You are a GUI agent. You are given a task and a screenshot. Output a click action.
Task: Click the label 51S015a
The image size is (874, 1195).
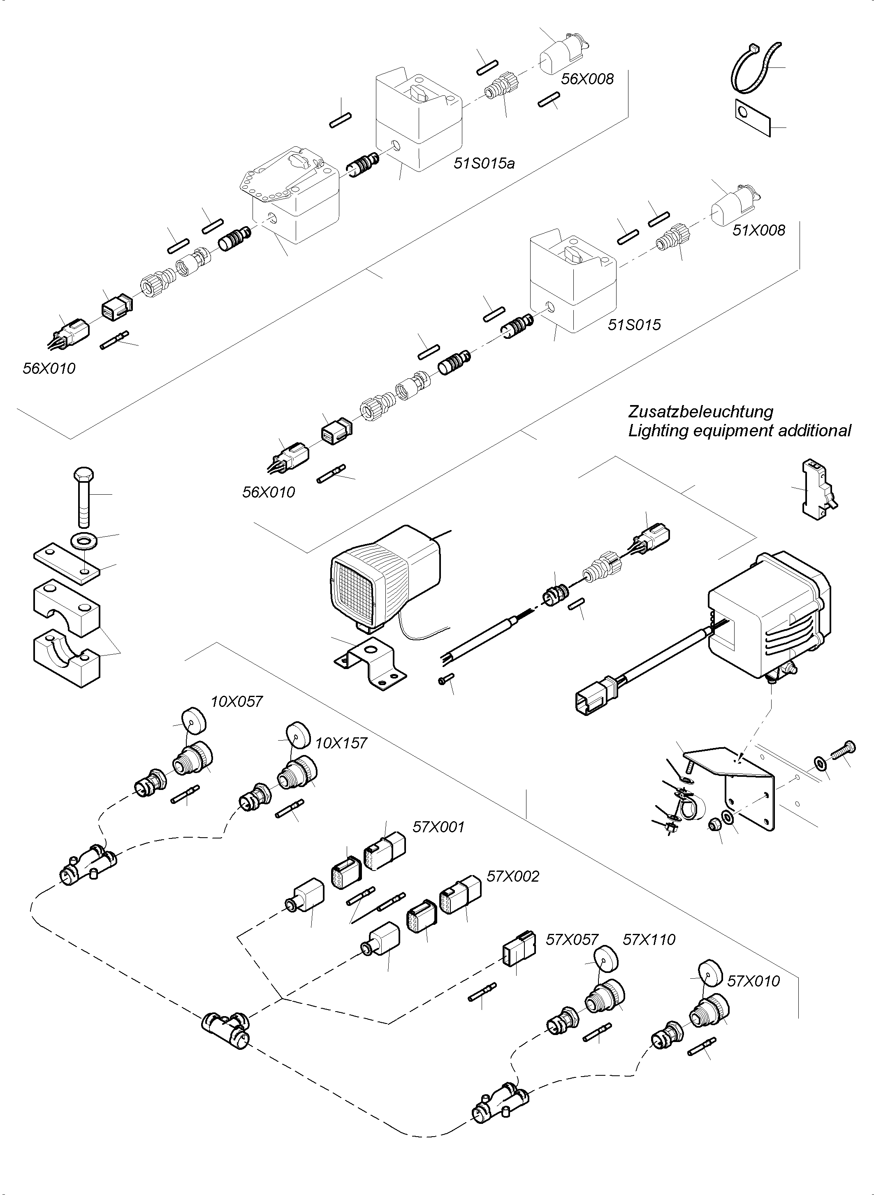[x=484, y=164]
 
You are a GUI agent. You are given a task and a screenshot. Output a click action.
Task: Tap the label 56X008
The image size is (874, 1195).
[x=587, y=79]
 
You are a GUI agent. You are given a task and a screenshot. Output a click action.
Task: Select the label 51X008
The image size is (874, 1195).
[x=759, y=230]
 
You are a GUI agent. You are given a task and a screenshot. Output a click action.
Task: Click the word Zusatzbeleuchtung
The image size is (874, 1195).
[x=700, y=411]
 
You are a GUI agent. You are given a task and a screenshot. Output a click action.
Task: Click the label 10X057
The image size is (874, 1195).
[x=236, y=702]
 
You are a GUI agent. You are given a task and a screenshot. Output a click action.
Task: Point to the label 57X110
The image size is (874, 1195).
[x=649, y=940]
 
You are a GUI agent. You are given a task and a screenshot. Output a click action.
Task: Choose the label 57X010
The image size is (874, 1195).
[x=753, y=981]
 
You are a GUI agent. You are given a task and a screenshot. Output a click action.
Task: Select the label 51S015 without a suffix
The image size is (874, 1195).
[x=634, y=324]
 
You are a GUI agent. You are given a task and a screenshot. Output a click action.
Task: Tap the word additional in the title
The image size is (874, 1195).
[x=815, y=431]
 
